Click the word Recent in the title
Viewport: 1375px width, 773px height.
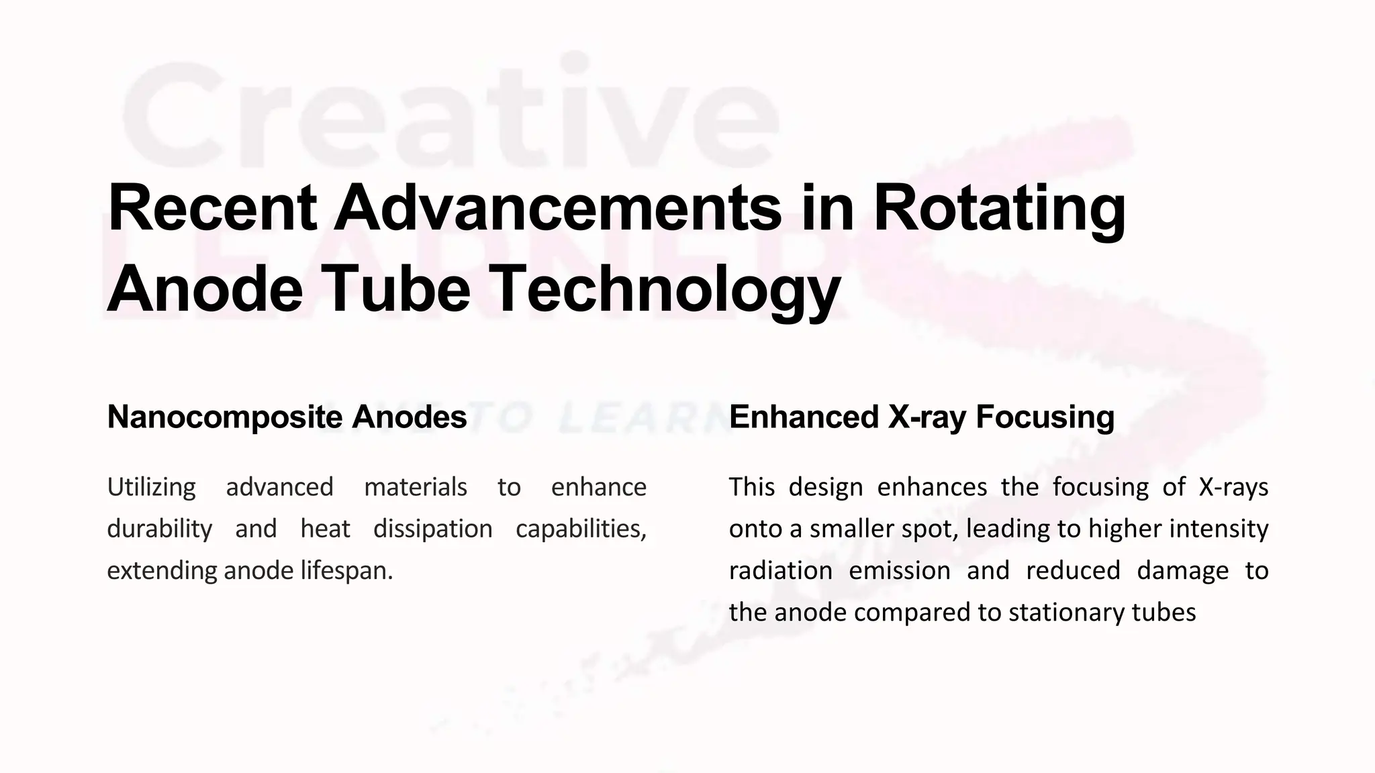click(x=212, y=208)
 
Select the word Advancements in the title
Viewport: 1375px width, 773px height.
click(x=558, y=208)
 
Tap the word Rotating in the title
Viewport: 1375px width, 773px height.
click(x=999, y=208)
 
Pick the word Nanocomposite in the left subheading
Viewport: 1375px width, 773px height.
click(x=224, y=417)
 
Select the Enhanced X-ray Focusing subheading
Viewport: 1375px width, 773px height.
click(x=921, y=417)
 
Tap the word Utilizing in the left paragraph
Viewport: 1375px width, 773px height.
click(x=151, y=487)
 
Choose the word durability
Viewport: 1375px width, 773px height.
click(x=159, y=529)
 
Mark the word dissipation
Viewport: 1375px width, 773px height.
click(x=432, y=529)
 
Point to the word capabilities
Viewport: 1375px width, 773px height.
click(x=581, y=529)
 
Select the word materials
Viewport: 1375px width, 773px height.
click(x=415, y=487)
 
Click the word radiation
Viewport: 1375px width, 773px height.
click(x=780, y=571)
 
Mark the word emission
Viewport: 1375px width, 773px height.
click(x=899, y=571)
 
